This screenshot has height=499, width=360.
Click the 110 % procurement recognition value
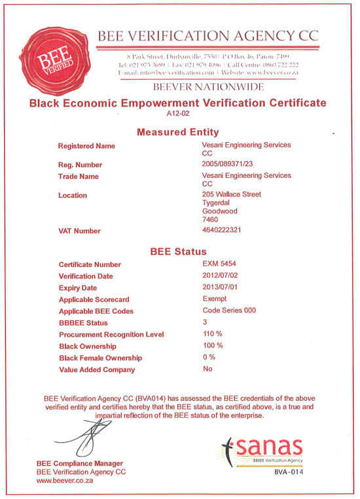click(x=214, y=334)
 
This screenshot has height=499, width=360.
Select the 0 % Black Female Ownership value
click(x=210, y=357)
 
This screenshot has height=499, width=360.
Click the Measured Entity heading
click(x=177, y=132)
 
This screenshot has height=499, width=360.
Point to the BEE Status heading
click(x=178, y=251)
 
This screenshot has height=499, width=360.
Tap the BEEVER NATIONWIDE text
click(x=208, y=86)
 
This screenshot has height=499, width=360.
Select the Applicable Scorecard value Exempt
click(x=215, y=299)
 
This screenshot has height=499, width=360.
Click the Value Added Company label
click(x=97, y=369)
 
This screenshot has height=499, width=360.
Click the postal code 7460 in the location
click(x=211, y=219)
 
